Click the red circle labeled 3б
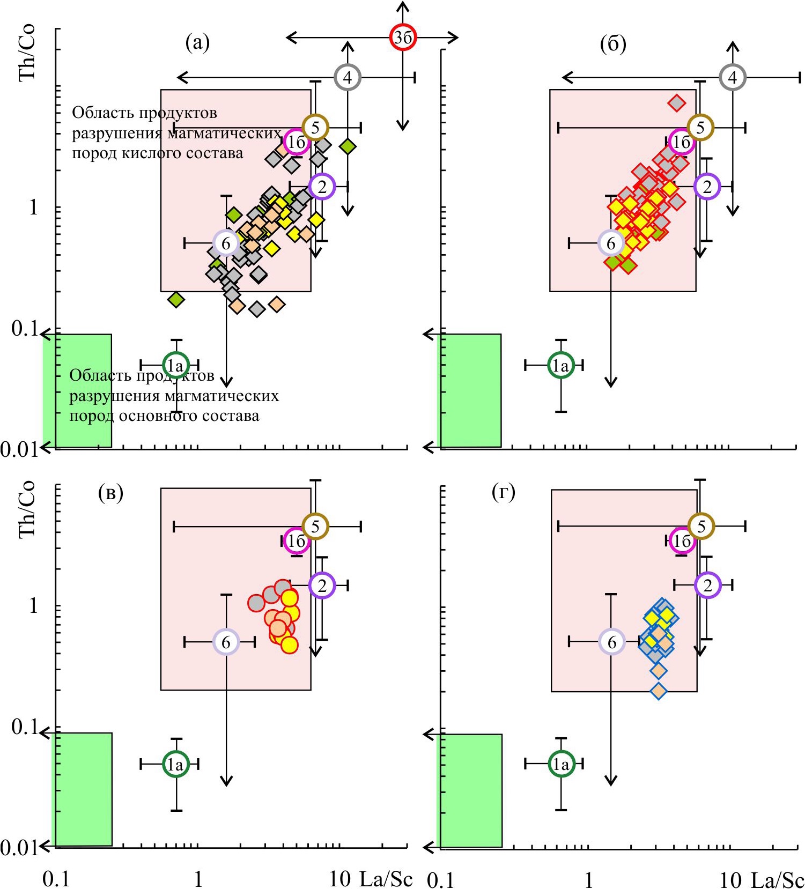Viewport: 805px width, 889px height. coord(402,37)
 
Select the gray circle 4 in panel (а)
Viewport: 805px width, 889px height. coord(348,78)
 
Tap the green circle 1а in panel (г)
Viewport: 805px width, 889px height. coord(561,764)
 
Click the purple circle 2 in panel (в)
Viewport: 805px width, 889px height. coord(322,585)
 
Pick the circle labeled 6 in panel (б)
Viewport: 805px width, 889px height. coord(611,243)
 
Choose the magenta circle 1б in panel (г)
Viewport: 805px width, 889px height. coord(682,541)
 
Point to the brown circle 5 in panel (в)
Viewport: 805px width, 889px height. coord(315,527)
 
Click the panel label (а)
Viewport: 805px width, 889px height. coord(197,42)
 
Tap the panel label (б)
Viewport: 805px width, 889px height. coord(613,45)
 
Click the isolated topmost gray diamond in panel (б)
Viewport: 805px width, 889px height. coord(677,102)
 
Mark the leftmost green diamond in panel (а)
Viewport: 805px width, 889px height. coord(176,300)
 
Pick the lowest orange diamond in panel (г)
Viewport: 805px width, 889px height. coord(659,692)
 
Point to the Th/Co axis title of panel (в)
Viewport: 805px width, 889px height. coord(27,509)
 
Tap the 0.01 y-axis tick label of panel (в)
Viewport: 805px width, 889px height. coord(19,847)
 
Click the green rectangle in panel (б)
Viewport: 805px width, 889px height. coord(470,390)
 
